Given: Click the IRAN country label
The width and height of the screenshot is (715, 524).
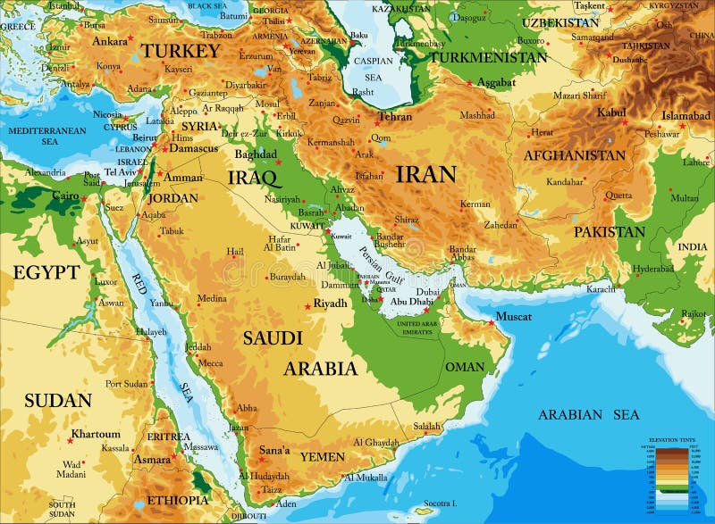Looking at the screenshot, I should pyautogui.click(x=425, y=173).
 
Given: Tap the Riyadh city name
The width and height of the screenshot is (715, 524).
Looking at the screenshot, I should pyautogui.click(x=330, y=304).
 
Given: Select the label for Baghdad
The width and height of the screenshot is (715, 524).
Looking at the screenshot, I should pyautogui.click(x=257, y=154).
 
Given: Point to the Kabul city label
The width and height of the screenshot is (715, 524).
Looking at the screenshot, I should pyautogui.click(x=611, y=112).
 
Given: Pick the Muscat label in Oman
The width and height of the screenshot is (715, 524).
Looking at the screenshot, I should pyautogui.click(x=513, y=317).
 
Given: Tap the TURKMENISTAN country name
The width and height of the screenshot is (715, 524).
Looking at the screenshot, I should pyautogui.click(x=488, y=57).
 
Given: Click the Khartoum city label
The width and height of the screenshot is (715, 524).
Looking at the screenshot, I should pyautogui.click(x=96, y=434).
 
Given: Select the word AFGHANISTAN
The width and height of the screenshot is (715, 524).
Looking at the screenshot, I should pyautogui.click(x=575, y=155).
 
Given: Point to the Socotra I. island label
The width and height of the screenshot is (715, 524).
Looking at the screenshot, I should pyautogui.click(x=441, y=504).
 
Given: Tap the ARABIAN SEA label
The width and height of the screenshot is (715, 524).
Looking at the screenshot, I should pyautogui.click(x=589, y=414).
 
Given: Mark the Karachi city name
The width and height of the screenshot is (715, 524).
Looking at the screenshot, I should pyautogui.click(x=601, y=289).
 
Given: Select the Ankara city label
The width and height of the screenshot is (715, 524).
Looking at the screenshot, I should pyautogui.click(x=110, y=41).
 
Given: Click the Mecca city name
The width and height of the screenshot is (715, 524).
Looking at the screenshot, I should pyautogui.click(x=211, y=362).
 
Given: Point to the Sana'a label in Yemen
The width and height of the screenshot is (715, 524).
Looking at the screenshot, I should pyautogui.click(x=274, y=451).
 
